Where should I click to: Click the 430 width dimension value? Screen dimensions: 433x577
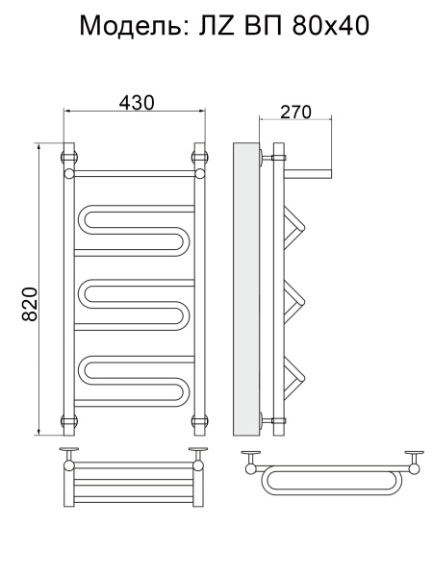pyautogui.click(x=137, y=103)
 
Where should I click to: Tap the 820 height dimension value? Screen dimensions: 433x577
pyautogui.click(x=30, y=304)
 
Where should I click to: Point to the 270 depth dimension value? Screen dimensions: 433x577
pyautogui.click(x=295, y=112)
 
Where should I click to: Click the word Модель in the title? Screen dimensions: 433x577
pyautogui.click(x=135, y=26)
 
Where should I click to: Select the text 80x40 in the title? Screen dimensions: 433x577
pyautogui.click(x=331, y=26)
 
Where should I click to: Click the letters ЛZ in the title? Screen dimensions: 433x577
pyautogui.click(x=216, y=26)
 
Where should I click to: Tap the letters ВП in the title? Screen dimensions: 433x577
pyautogui.click(x=263, y=26)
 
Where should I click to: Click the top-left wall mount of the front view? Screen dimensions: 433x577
pyautogui.click(x=69, y=157)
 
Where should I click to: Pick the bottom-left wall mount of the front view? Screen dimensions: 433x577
pyautogui.click(x=69, y=420)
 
